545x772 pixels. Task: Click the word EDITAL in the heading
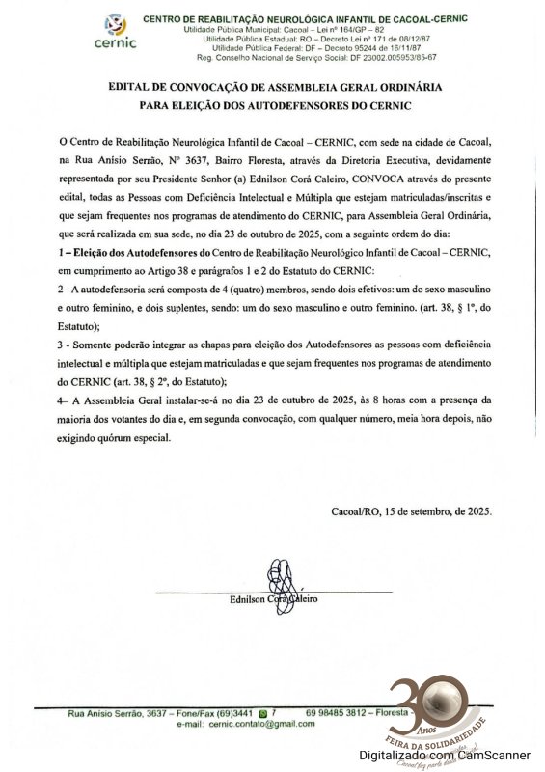(x=134, y=87)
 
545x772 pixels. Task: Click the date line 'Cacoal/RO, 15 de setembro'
(x=411, y=512)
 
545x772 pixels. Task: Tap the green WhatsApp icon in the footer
(x=263, y=712)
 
